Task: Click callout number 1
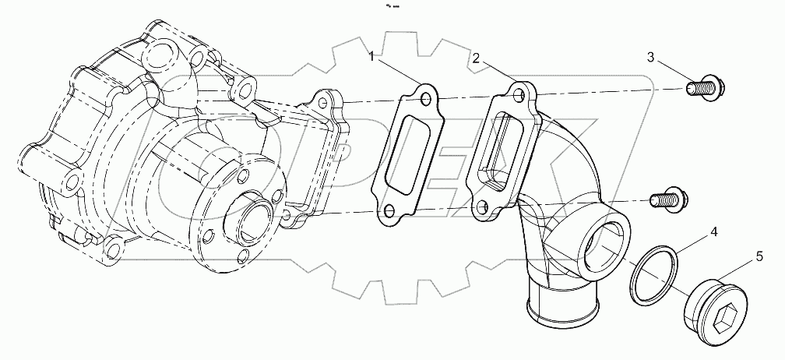[374, 56]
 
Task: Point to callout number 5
[759, 254]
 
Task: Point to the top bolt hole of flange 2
[517, 94]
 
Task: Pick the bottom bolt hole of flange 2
[484, 208]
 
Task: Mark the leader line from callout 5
[737, 270]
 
